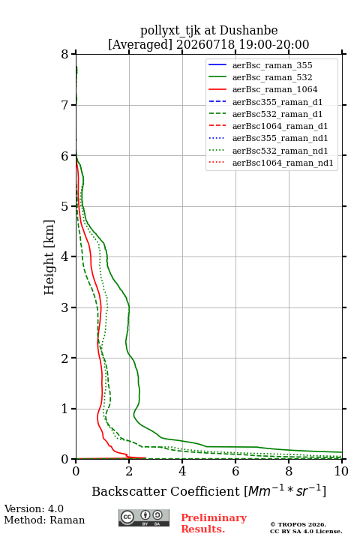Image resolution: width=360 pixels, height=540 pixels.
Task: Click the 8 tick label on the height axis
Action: point(65,54)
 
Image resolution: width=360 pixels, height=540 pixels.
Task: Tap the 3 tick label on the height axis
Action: point(65,307)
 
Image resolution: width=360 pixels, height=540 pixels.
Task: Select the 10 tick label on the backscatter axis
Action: point(341,471)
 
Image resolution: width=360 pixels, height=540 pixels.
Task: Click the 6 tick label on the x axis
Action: point(235,471)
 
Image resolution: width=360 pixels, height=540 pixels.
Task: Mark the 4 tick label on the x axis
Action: point(182,471)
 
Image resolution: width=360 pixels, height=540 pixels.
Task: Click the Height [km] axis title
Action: point(49,257)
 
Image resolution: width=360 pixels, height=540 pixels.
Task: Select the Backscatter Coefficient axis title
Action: point(208,490)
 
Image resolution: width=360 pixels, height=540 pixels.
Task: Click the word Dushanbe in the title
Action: point(248,30)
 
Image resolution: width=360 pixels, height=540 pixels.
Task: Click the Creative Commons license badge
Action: point(144,517)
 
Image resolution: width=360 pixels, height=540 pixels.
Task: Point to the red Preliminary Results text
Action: point(214,523)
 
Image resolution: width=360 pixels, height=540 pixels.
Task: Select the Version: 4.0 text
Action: point(34,508)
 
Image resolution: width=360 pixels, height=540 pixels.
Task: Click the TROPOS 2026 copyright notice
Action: point(298,524)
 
